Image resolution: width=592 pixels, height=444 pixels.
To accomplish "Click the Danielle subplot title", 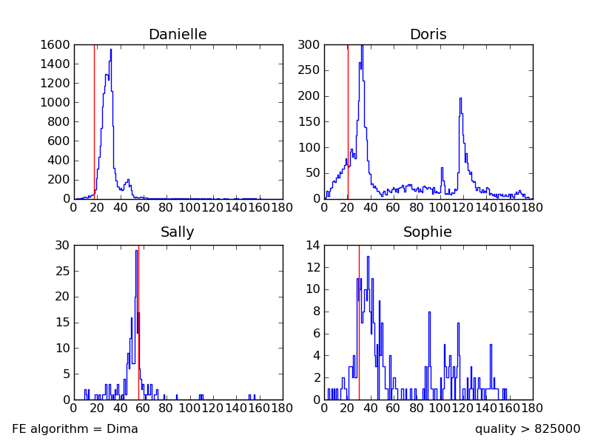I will tap(178, 35).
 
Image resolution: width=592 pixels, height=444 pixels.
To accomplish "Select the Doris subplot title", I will tap(428, 35).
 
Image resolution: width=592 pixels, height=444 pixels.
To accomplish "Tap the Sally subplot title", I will tap(178, 232).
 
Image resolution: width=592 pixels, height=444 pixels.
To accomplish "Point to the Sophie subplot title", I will tap(428, 232).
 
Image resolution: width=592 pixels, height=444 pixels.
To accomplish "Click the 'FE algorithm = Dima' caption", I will tap(75, 429).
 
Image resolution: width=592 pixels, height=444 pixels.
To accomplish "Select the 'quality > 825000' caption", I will tap(528, 429).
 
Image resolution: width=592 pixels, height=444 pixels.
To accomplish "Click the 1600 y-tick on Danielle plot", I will tap(57, 45).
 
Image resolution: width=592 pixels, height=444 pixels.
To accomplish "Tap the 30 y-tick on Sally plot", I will tap(62, 245).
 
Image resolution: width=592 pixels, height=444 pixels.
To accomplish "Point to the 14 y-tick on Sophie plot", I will tap(314, 245).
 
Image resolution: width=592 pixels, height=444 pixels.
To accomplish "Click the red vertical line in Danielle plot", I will tap(94, 118).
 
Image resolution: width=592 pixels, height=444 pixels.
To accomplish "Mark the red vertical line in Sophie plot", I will tap(359, 326).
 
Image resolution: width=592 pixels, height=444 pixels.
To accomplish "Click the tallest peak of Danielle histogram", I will tap(111, 50).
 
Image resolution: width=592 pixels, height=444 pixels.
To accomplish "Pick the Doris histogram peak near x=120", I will tap(460, 98).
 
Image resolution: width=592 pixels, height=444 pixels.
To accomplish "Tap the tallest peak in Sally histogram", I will tap(136, 251).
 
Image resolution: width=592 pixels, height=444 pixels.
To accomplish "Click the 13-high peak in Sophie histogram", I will tap(368, 258).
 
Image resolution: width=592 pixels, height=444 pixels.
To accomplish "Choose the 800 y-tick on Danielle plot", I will tap(60, 122).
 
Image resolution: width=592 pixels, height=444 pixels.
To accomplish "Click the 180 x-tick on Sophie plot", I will tap(532, 406).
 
